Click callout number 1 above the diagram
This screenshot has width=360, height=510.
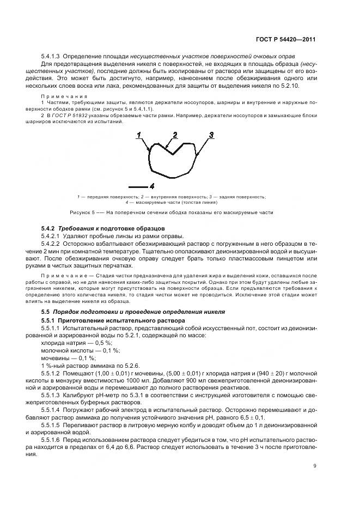coord(139,135)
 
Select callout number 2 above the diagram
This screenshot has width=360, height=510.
coord(175,135)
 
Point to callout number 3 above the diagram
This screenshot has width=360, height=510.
coord(211,135)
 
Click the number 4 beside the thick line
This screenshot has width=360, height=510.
coord(152,185)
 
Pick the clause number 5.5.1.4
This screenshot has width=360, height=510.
coord(52,408)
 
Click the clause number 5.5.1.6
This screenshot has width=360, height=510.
coord(52,439)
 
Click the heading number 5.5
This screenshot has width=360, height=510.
coord(46,312)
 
